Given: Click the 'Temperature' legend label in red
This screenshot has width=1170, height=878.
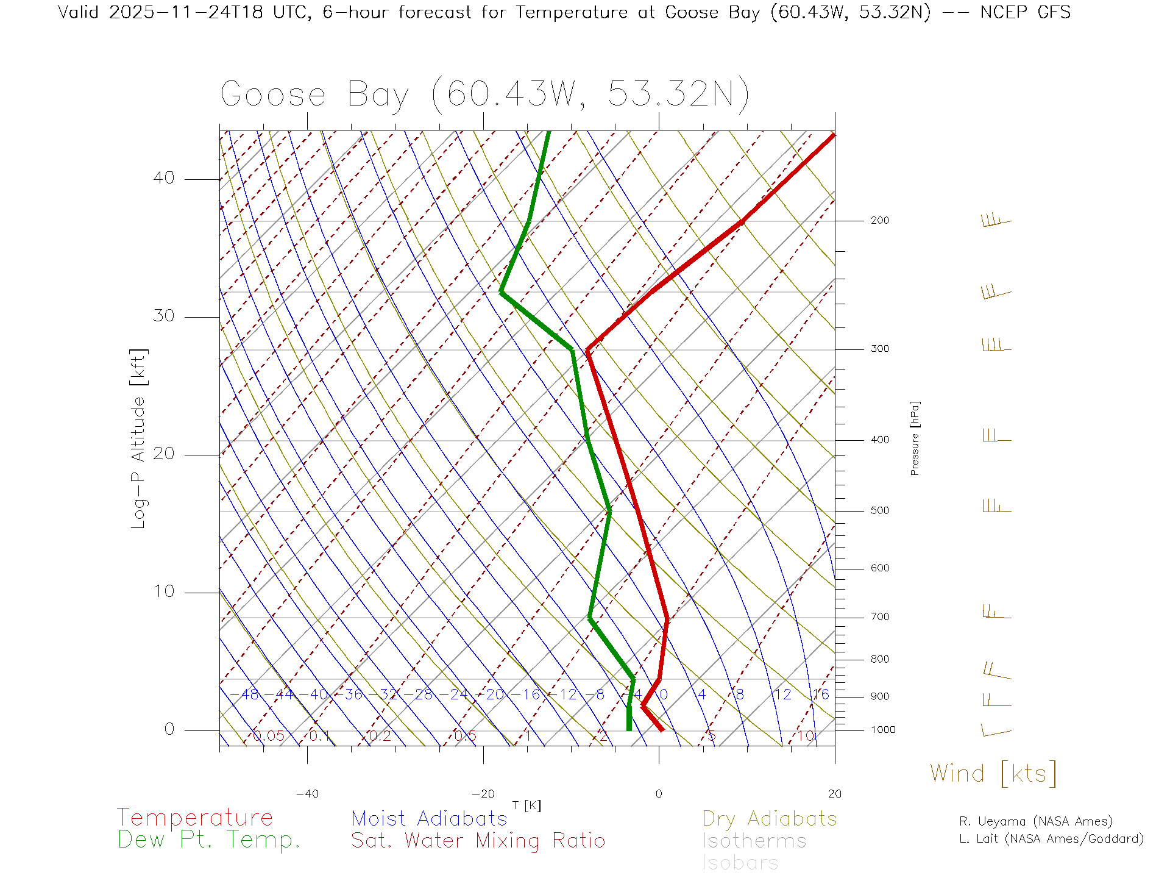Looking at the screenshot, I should coord(195,818).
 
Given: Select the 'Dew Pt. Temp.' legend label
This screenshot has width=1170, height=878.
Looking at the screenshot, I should coord(209,840).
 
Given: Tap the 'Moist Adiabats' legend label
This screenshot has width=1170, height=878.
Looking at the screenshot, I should coord(429,818).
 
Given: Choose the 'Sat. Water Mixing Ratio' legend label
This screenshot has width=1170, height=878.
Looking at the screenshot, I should coord(478,841).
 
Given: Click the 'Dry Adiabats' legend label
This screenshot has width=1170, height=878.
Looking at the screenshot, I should coord(769,818).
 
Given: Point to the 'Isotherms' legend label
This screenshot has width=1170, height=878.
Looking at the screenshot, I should coord(754,841).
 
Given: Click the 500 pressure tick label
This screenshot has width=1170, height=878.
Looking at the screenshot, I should coord(879,510).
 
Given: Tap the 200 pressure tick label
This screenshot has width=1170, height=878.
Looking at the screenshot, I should coord(879,220).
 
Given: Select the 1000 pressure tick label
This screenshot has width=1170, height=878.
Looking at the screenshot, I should coord(882,730).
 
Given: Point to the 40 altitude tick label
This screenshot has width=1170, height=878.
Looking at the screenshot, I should coord(163,178).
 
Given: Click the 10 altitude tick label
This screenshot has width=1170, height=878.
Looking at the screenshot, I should coord(163,591).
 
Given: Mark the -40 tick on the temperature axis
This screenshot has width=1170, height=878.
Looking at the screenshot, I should coord(307,794).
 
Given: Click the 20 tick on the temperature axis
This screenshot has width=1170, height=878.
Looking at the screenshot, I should coord(834,794).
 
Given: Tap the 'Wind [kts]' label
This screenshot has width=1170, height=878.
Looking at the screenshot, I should coord(993,774).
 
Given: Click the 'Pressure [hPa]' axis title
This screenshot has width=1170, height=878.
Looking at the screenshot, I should coord(915,438).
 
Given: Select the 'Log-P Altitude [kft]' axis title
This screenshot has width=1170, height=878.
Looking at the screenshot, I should coord(139,438).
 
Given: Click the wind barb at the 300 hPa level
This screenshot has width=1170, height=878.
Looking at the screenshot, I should coord(996,345).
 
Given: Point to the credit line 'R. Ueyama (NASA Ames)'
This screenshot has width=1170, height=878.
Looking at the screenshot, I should coord(1035,821).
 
